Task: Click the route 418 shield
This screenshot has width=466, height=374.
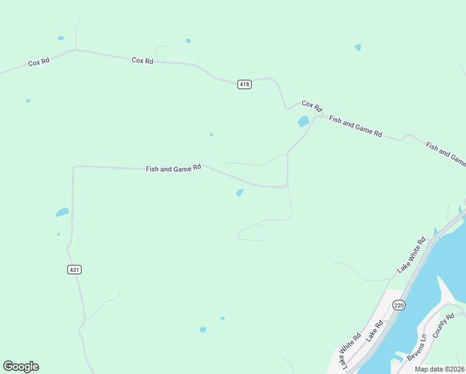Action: tap(244, 84)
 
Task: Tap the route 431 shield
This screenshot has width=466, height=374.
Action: tap(74, 269)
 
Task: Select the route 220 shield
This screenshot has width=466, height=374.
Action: tap(399, 305)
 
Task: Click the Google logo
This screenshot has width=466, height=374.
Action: tap(21, 367)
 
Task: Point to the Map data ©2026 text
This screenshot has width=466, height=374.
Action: tap(439, 369)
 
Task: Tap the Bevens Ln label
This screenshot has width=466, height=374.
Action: tap(416, 347)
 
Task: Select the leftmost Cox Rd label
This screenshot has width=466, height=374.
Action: tap(39, 62)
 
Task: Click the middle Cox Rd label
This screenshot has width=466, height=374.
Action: tap(142, 60)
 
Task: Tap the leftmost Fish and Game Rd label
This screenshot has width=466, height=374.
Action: tap(173, 168)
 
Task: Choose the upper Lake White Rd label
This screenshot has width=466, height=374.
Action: tap(411, 254)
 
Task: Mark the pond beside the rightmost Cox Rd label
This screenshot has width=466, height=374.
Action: tap(303, 122)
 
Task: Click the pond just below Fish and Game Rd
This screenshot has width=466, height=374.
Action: tap(240, 193)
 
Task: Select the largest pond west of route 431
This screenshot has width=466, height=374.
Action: tap(62, 213)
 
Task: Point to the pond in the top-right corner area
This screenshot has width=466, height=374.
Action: tap(358, 47)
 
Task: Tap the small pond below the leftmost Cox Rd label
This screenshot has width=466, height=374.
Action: tap(28, 100)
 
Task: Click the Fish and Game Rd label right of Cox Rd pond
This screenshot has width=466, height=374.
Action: tap(355, 126)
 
